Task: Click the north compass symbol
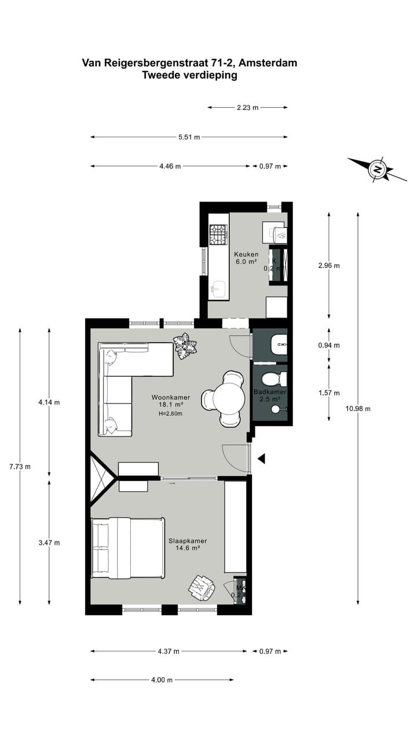377,170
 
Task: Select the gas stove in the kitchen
218,234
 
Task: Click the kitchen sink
218,289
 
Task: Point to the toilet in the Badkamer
272,379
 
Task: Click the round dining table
228,399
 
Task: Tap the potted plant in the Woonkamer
185,346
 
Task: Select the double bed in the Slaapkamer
127,548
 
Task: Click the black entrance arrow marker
261,459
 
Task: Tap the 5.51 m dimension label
189,137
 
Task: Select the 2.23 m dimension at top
247,107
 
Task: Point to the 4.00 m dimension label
162,680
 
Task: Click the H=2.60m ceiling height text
171,414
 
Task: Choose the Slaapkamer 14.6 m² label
187,544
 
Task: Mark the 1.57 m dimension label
329,393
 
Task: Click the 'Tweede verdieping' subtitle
189,75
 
